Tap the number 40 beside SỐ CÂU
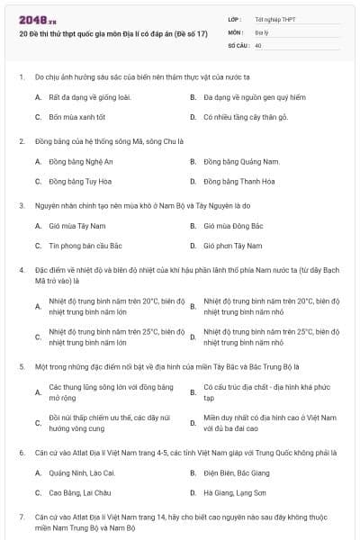(259, 44)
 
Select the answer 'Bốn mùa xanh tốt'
(77, 117)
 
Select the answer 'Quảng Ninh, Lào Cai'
(82, 472)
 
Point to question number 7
(21, 517)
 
